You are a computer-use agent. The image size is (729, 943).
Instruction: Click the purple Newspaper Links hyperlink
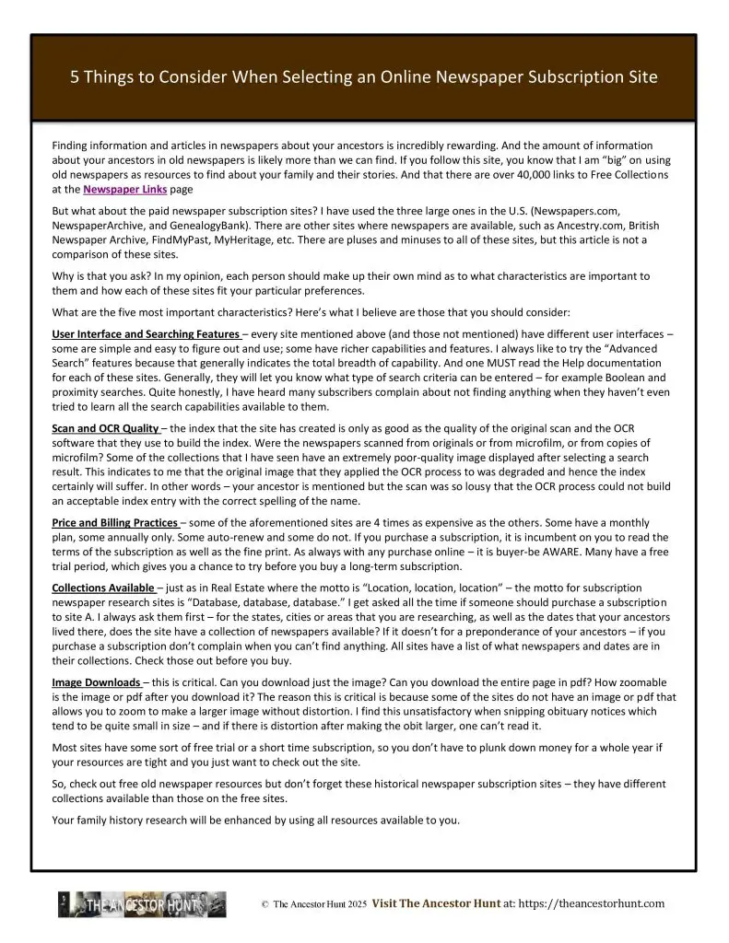(x=117, y=189)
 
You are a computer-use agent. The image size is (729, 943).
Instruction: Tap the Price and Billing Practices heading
(x=114, y=522)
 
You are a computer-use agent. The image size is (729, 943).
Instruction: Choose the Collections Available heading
(x=102, y=588)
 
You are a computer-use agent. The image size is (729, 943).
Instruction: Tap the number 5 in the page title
(x=76, y=77)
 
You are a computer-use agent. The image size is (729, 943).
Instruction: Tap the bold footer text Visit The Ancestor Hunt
(x=436, y=904)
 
